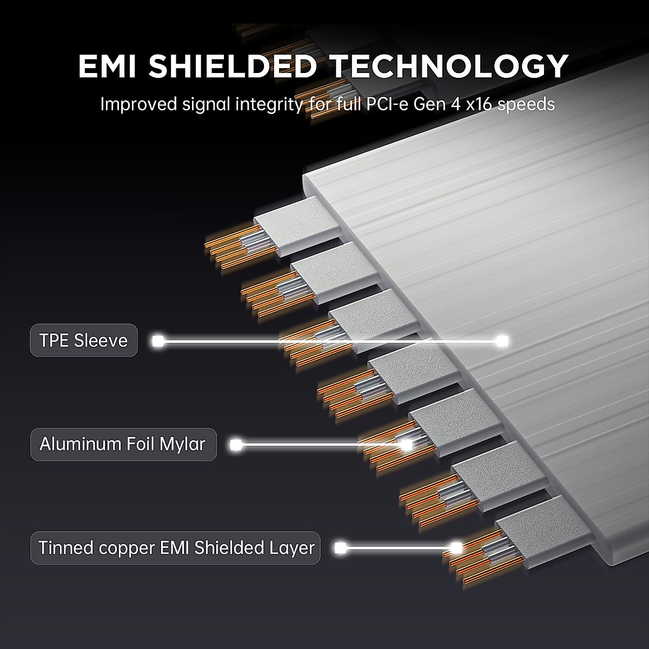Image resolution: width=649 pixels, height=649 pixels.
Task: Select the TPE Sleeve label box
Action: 84,340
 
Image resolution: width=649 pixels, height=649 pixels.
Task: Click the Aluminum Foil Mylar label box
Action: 123,444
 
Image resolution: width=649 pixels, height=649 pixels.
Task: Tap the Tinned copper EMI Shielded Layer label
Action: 175,548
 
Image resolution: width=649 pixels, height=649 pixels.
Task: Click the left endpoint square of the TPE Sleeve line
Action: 157,341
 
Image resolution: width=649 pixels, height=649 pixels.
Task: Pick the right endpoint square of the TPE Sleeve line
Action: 502,341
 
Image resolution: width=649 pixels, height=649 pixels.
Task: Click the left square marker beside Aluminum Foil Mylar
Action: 236,445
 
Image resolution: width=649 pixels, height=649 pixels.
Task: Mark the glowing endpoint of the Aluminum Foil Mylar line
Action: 407,445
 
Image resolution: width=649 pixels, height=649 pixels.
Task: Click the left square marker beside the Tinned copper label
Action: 341,548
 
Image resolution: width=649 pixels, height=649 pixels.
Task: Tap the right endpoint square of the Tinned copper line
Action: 456,548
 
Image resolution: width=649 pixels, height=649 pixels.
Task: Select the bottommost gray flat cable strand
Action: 543,532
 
